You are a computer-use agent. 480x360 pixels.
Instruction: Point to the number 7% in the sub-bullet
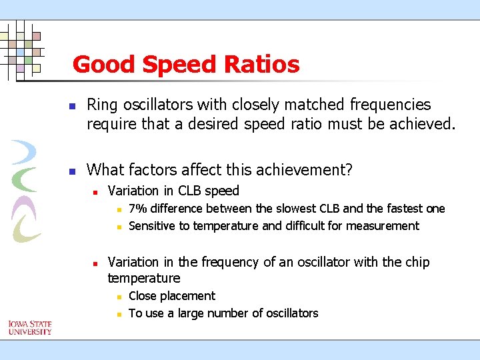(x=139, y=209)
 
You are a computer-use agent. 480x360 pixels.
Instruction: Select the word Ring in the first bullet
(x=101, y=105)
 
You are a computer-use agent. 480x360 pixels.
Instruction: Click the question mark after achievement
(x=349, y=170)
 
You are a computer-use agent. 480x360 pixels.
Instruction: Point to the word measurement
(x=386, y=226)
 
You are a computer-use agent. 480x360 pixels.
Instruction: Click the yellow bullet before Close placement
(x=118, y=297)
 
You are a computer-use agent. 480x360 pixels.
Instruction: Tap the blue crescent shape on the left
(x=25, y=153)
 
